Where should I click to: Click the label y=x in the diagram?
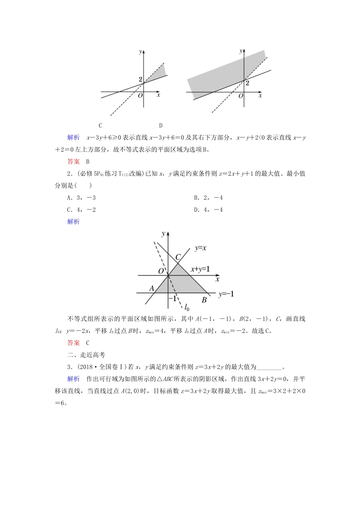(x=200, y=248)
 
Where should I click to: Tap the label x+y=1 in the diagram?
(x=200, y=269)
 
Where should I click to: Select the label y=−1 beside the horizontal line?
(x=226, y=294)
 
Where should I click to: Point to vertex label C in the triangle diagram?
(x=178, y=257)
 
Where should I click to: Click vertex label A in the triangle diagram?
(x=152, y=288)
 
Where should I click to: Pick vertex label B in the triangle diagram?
(x=204, y=300)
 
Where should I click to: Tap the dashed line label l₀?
(x=187, y=307)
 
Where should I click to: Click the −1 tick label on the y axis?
(x=173, y=298)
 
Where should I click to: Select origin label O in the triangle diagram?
(x=161, y=271)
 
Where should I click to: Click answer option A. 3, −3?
(x=81, y=198)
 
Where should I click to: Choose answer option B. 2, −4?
(x=208, y=198)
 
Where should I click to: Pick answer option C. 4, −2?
(x=81, y=210)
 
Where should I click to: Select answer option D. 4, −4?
(x=208, y=210)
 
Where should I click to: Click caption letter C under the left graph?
(x=100, y=126)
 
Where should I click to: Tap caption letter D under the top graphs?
(x=161, y=126)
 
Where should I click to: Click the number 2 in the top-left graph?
(x=141, y=80)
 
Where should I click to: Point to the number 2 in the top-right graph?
(x=247, y=83)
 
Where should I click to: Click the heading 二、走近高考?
(x=86, y=355)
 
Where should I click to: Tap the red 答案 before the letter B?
(x=74, y=162)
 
